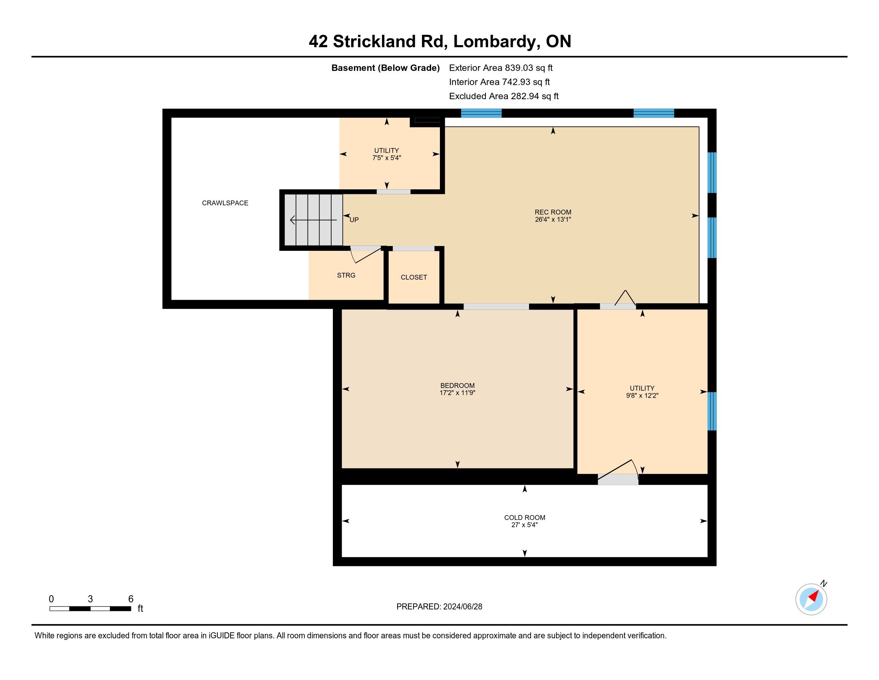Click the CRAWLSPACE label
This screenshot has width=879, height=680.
point(225,203)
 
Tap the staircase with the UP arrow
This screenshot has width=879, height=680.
point(314,220)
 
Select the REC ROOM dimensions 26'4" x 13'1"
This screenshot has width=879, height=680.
point(553,220)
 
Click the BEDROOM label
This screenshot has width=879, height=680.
point(457,386)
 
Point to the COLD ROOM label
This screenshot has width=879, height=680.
point(525,518)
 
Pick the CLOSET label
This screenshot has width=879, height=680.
point(414,277)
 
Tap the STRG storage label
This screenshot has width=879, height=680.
point(346,275)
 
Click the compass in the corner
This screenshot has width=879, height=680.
point(811,599)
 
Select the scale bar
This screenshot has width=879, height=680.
point(90,608)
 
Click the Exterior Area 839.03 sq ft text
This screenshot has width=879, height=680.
point(501,68)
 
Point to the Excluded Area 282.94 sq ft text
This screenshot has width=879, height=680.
point(504,96)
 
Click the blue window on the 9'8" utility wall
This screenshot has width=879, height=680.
point(712,411)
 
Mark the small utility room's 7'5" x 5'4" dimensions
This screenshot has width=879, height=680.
point(386,158)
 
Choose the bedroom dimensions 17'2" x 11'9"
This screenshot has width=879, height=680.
point(457,393)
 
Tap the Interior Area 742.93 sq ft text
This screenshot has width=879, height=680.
point(499,82)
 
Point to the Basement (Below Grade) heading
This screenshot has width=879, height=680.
point(385,68)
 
